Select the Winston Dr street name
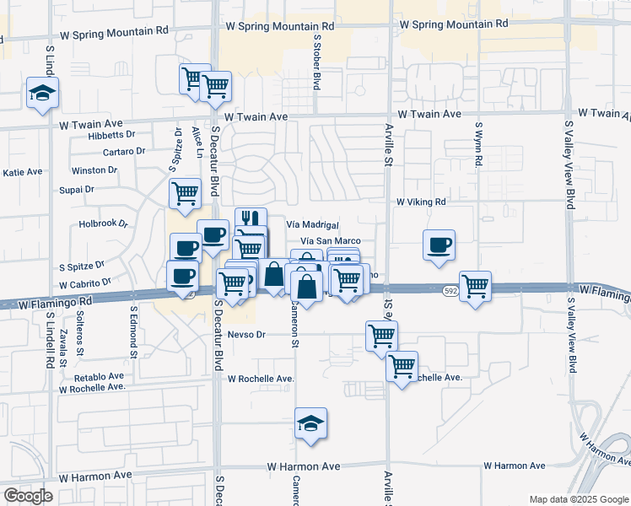pos(94,170)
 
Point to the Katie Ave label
pos(23,172)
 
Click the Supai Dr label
pos(77,191)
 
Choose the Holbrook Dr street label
pos(102,224)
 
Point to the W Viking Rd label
pos(420,202)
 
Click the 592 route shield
pos(450,290)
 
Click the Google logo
pos(27,496)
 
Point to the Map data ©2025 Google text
pos(578,498)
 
